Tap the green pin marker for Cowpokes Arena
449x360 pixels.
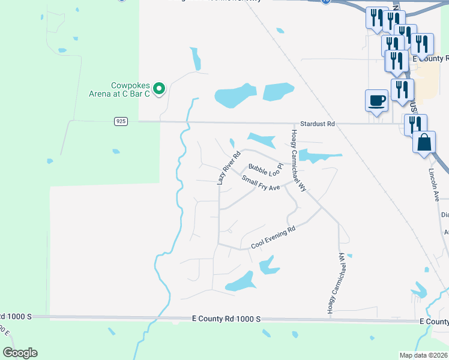[x=159, y=89]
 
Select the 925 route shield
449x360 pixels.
[x=121, y=121]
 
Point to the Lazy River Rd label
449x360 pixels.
[x=228, y=167]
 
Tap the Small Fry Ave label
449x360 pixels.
[x=261, y=183]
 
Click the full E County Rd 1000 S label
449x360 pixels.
[x=226, y=318]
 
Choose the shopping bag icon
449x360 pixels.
[x=424, y=143]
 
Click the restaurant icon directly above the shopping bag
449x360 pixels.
[x=415, y=124]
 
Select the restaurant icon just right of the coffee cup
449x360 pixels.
[x=402, y=89]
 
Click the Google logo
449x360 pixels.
[x=20, y=353]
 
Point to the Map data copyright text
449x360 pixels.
[x=424, y=355]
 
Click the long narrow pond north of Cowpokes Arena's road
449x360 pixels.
[x=195, y=59]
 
